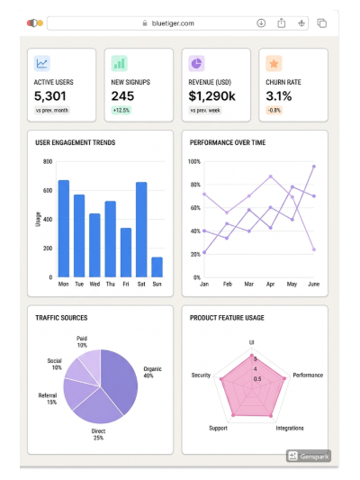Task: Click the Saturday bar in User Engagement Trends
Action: coord(141,230)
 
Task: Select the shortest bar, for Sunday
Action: coord(157,267)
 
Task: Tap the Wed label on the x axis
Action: coord(94,284)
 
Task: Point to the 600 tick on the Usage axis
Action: coord(48,190)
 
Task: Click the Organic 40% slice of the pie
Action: coord(121,380)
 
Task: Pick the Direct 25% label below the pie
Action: coord(98,434)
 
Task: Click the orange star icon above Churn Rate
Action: coord(274,63)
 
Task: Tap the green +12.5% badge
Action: coord(121,110)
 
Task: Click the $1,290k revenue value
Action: coord(211,96)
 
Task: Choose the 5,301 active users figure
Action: coord(49,96)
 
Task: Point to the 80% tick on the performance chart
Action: coord(195,185)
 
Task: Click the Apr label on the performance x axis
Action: coord(270,284)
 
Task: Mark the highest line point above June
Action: coord(314,167)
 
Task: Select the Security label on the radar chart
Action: coord(201,375)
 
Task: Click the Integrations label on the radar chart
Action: coord(290,428)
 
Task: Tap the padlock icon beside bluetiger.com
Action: coord(145,23)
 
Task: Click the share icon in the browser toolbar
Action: coord(282,23)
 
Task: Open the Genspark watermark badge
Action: coord(309,456)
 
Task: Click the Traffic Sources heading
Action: coord(61,318)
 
